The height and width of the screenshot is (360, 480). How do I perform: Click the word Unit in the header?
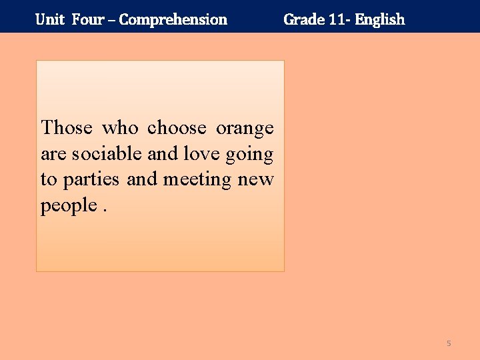[x=50, y=19]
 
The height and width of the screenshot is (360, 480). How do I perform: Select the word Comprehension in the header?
[x=173, y=19]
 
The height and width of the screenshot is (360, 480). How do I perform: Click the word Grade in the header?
[x=303, y=19]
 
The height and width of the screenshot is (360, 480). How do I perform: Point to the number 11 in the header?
[x=337, y=19]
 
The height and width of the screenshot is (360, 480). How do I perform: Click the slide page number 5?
[x=449, y=343]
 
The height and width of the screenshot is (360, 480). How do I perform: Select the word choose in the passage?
[x=177, y=127]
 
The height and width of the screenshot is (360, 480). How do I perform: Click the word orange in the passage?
[x=245, y=129]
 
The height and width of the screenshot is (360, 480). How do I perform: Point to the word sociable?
[x=107, y=154]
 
